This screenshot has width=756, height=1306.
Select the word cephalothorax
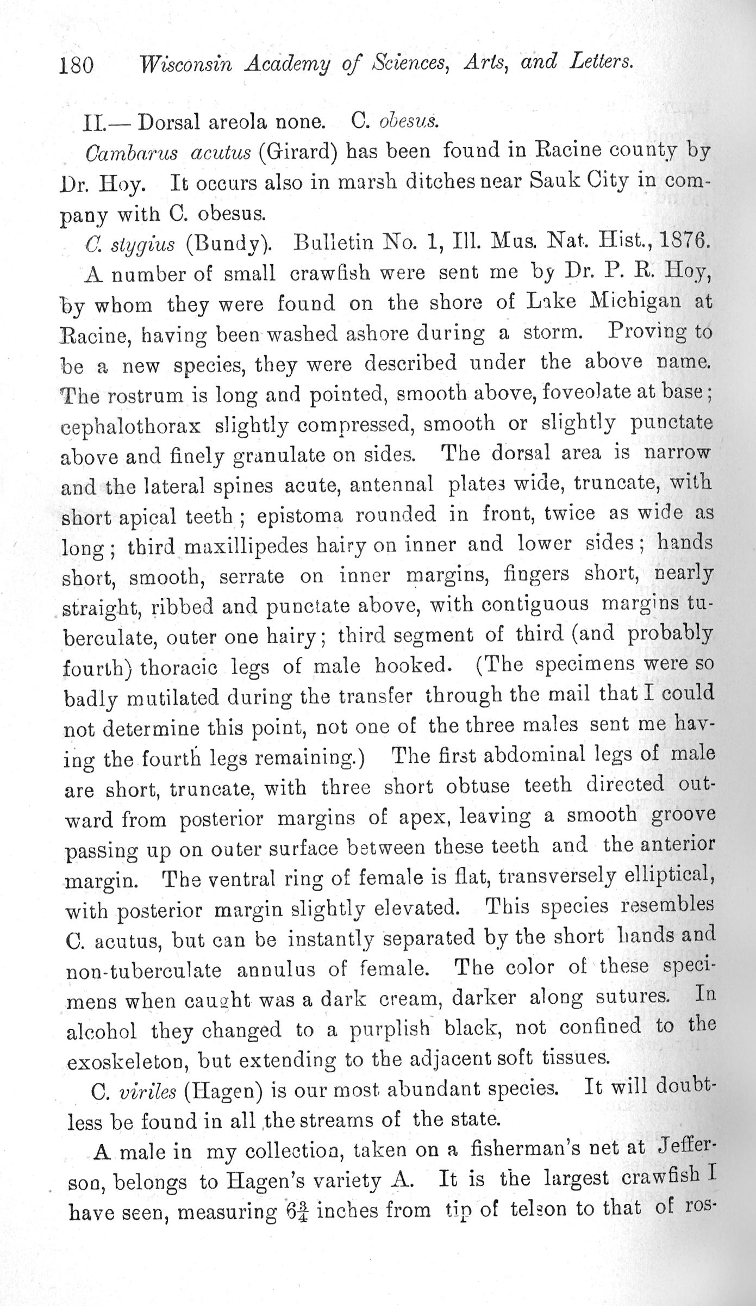131,425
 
